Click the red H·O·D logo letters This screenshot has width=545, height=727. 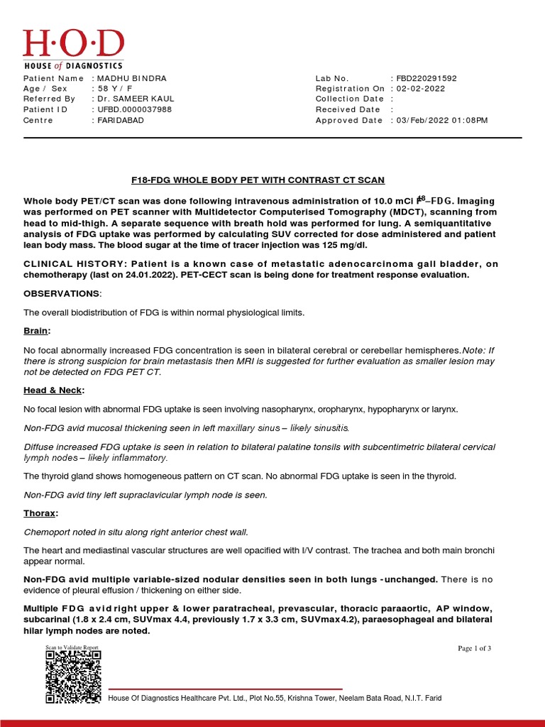tap(73, 43)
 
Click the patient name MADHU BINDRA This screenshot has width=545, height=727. tap(132, 78)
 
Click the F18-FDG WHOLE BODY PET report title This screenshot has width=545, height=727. tap(272, 180)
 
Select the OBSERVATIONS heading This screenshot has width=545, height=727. tap(62, 293)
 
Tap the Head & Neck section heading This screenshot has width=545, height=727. tap(53, 390)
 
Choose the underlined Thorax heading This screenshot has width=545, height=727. tap(40, 513)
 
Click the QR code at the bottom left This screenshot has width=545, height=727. tap(73, 677)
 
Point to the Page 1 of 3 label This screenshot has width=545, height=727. tap(475, 648)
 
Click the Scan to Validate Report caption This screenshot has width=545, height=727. tap(72, 647)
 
